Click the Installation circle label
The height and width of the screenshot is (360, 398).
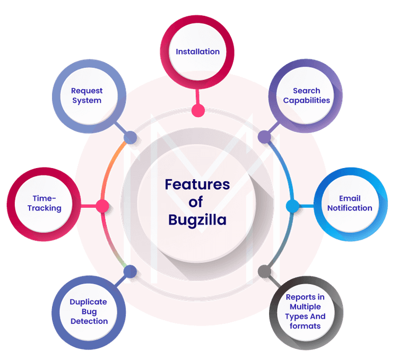point(197,51)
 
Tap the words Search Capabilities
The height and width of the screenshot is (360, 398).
point(306,95)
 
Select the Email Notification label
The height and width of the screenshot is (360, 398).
point(349,204)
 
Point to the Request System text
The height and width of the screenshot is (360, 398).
point(86,95)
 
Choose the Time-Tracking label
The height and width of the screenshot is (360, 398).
point(45,204)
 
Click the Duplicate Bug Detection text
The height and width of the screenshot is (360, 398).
point(89,311)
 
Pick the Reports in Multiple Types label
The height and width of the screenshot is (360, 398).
point(306,311)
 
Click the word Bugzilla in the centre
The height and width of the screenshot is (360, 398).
point(197,219)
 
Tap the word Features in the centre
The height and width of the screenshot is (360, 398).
point(197,185)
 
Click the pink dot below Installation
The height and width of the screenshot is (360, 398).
point(198,111)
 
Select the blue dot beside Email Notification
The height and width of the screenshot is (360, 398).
point(291,205)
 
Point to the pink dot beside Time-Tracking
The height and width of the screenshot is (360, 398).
point(102,205)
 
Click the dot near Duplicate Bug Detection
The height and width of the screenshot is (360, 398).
point(129,273)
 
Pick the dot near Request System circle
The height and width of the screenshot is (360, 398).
point(130,137)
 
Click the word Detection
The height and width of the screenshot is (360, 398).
point(89,321)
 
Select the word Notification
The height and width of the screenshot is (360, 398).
point(349,208)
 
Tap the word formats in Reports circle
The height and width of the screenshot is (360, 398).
point(305,326)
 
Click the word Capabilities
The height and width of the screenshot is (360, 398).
point(306,100)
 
